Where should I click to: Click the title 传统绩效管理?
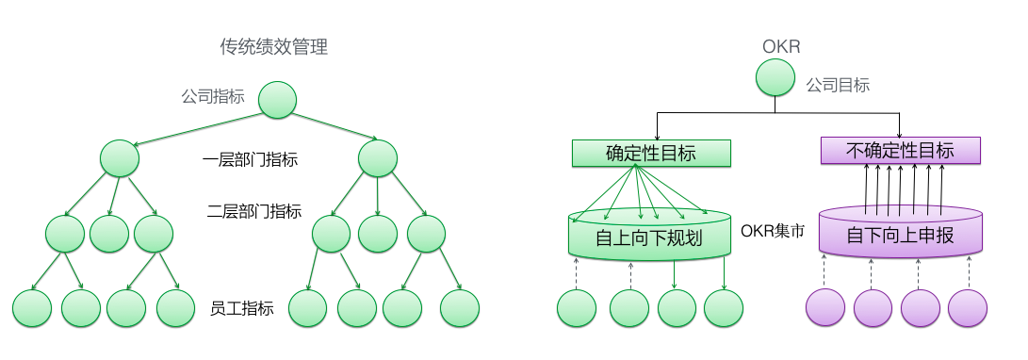click(x=273, y=46)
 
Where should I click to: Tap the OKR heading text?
click(x=780, y=46)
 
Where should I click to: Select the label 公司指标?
click(x=213, y=96)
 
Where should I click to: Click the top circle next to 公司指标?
click(x=277, y=99)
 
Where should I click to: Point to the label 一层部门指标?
click(x=251, y=160)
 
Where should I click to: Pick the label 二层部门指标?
click(x=254, y=211)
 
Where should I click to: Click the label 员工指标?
click(x=242, y=308)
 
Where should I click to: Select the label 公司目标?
click(x=838, y=85)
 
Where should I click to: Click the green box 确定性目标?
click(x=651, y=153)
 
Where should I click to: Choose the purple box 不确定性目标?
click(x=900, y=150)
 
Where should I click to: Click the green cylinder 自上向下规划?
click(x=650, y=237)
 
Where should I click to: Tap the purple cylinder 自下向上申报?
click(x=900, y=235)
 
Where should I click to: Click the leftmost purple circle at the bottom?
click(x=825, y=309)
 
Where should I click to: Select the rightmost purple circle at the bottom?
click(x=967, y=309)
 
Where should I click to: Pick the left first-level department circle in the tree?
click(x=120, y=157)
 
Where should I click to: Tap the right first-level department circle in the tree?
click(x=378, y=157)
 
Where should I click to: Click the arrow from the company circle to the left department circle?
click(x=198, y=128)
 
